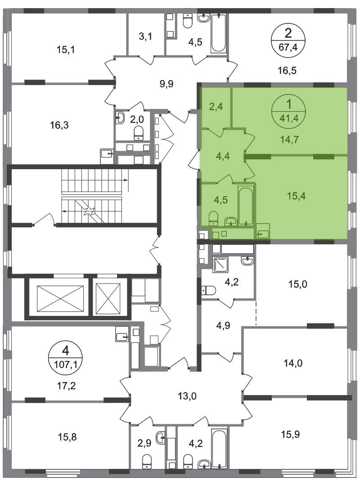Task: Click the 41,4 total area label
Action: (x=289, y=118)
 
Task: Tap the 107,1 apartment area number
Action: (x=65, y=364)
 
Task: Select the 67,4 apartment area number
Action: (x=288, y=47)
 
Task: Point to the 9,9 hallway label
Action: (x=166, y=84)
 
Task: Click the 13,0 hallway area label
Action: (x=187, y=396)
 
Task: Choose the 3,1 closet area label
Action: (x=145, y=36)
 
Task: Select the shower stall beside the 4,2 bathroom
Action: (x=220, y=264)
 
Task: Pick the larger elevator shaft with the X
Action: (x=60, y=298)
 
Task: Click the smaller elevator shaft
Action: (x=108, y=298)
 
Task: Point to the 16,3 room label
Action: (x=59, y=125)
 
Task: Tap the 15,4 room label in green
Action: (x=296, y=196)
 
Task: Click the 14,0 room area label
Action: (x=293, y=363)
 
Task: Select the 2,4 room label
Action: (x=216, y=107)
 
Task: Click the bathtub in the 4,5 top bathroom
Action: (x=219, y=33)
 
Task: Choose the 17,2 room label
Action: (x=66, y=386)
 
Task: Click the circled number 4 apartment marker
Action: (x=65, y=351)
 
